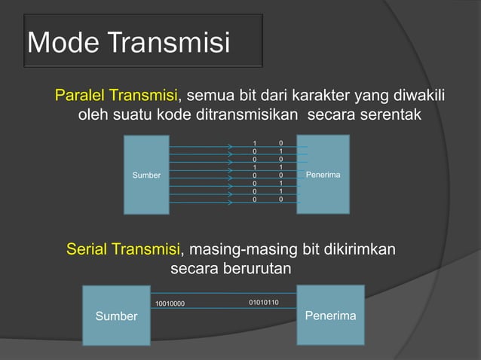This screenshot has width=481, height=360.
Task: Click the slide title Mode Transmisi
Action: pyautogui.click(x=128, y=43)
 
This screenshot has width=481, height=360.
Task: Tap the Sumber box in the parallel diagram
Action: pyautogui.click(x=146, y=175)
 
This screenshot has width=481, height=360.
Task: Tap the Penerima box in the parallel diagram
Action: pyautogui.click(x=323, y=174)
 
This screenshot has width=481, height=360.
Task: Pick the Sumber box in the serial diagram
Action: pyautogui.click(x=116, y=316)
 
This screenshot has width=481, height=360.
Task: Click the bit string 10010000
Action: pyautogui.click(x=170, y=304)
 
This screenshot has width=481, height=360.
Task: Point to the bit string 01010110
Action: pyautogui.click(x=264, y=303)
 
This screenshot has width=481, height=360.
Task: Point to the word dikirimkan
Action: pyautogui.click(x=357, y=249)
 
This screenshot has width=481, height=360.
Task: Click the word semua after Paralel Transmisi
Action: pyautogui.click(x=208, y=96)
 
